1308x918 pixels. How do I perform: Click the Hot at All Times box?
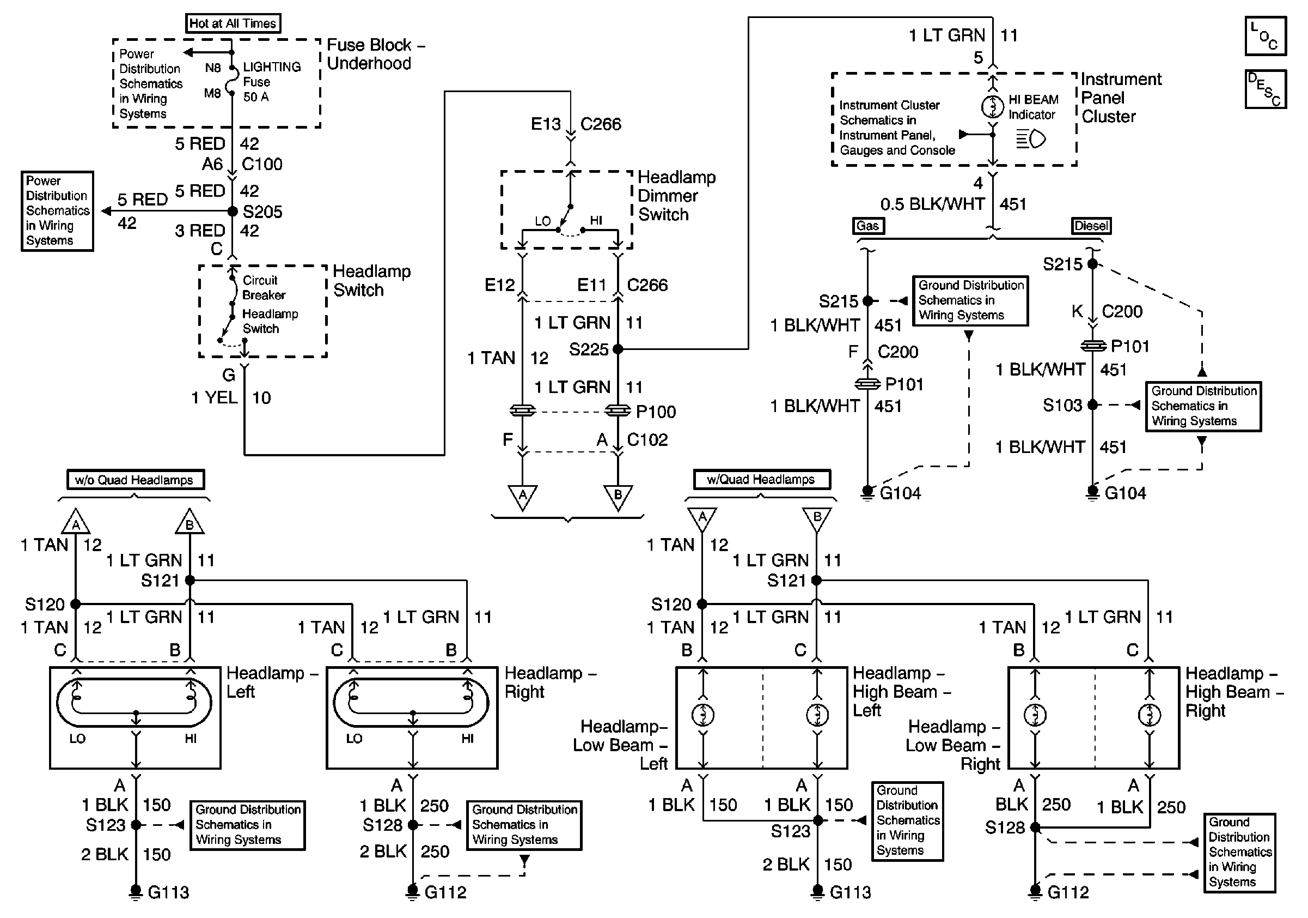point(233,23)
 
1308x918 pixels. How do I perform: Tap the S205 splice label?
point(262,212)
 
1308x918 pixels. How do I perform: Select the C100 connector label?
point(262,164)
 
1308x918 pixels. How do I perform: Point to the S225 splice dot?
point(618,349)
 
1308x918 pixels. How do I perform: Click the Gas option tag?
point(867,226)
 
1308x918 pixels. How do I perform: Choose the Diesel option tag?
point(1090,226)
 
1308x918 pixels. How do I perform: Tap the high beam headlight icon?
point(1031,138)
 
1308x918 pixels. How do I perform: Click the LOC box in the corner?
point(1266,37)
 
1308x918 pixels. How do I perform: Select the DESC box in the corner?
point(1266,89)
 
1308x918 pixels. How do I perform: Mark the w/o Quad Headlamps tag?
point(135,480)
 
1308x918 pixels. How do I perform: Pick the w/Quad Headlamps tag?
point(761,480)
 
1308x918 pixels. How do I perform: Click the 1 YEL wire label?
point(214,397)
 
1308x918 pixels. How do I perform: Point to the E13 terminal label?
point(546,124)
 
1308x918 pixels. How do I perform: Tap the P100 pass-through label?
point(656,412)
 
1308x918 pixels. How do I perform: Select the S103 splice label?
point(1062,406)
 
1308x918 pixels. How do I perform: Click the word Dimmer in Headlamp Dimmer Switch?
point(668,196)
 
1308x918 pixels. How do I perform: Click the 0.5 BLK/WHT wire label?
point(933,204)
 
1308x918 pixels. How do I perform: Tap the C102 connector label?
point(647,439)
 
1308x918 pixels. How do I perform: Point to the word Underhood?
point(369,63)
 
